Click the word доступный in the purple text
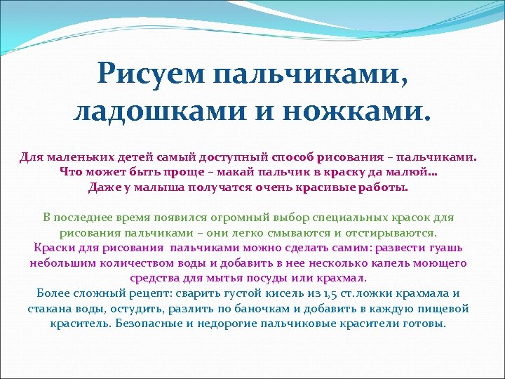pos(212,156)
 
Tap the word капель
pos(384,263)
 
